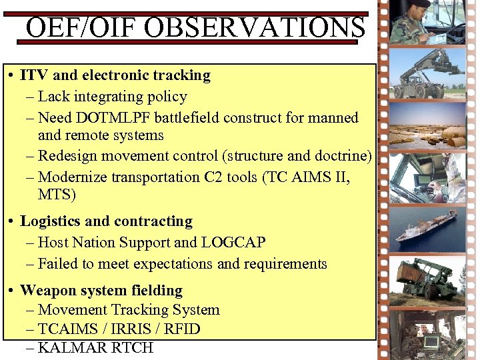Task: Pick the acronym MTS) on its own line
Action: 57,195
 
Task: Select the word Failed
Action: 58,264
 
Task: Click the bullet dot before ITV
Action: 13,76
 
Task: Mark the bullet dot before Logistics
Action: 13,222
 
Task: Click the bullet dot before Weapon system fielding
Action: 13,291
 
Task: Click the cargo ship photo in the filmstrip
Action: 427,227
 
